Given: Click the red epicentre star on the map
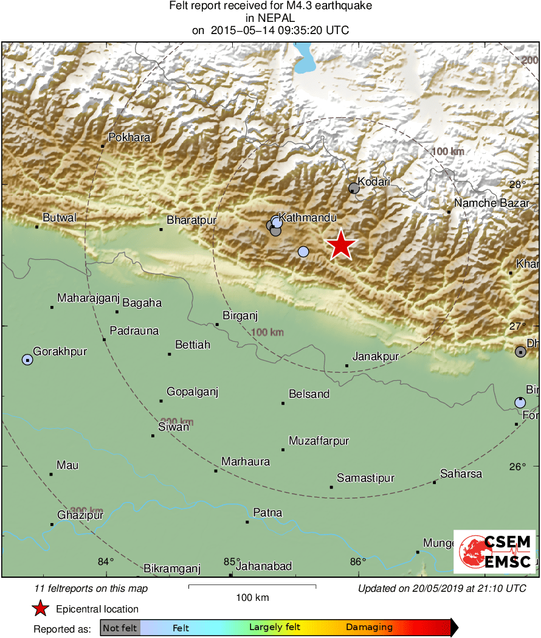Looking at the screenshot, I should pos(341,244).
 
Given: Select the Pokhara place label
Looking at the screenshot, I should pos(129,137).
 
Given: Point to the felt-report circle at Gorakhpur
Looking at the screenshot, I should pos(27,360).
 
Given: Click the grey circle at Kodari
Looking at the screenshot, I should pos(354,189).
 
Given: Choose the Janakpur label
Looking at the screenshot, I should pos(376,357).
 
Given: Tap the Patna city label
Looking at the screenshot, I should pos(267,513).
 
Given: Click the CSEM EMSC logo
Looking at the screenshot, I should pos(495,552).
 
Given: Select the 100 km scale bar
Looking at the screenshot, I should pos(252,587).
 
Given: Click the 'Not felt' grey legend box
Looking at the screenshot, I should pos(120,628).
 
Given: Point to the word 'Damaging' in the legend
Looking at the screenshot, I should pos(369,627).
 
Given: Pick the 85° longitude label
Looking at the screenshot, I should pos(232,562).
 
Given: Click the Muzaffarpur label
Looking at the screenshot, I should pos(319,441).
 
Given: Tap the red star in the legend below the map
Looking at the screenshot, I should pos(41,608).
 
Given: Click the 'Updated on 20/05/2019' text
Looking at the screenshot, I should pos(442,589).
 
